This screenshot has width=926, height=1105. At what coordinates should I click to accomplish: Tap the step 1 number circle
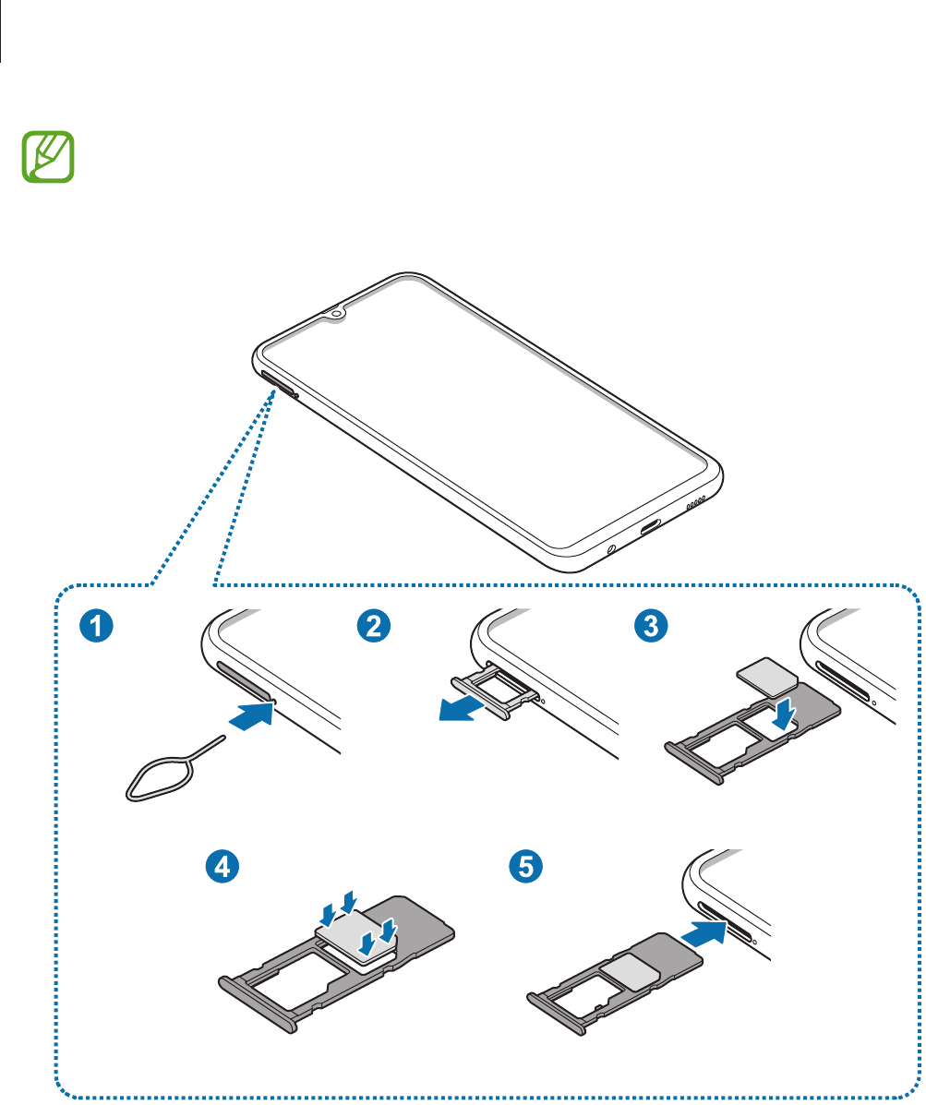tap(95, 626)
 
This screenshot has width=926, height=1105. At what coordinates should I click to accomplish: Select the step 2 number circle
tap(373, 626)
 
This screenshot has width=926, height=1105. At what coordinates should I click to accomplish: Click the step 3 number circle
tap(651, 626)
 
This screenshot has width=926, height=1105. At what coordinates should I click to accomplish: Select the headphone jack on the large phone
tap(611, 549)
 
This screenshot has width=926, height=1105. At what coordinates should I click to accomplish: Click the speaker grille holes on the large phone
tap(695, 506)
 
